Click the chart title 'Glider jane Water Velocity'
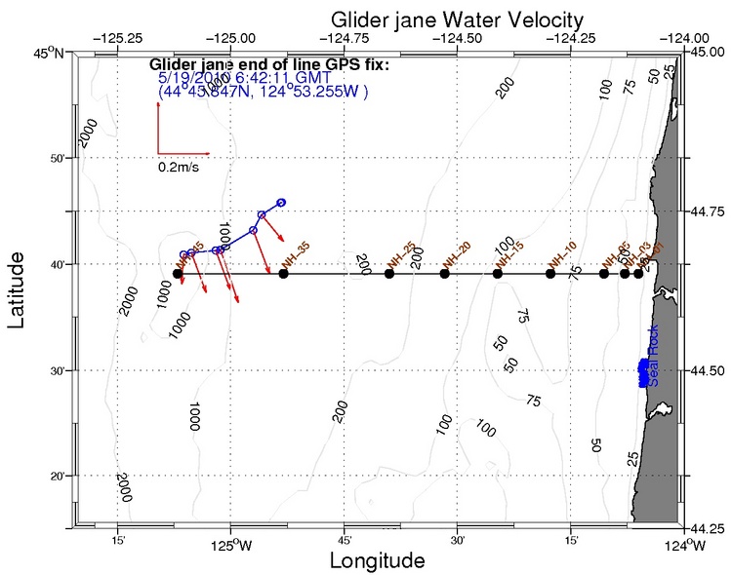click(x=457, y=19)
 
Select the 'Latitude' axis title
click(x=19, y=289)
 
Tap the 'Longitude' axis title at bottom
click(x=377, y=561)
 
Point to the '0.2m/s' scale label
click(x=180, y=167)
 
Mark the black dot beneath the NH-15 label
click(x=498, y=274)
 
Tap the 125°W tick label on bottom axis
click(x=231, y=545)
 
